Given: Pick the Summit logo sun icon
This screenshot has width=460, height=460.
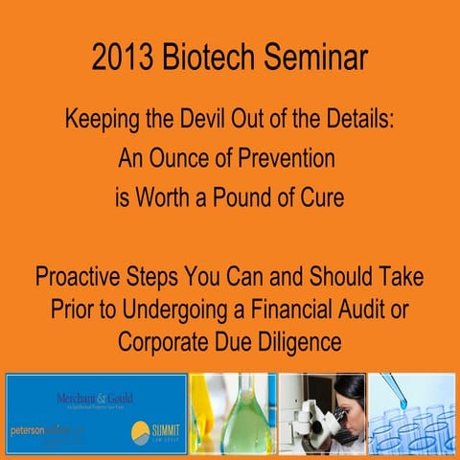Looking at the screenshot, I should pos(141,428).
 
